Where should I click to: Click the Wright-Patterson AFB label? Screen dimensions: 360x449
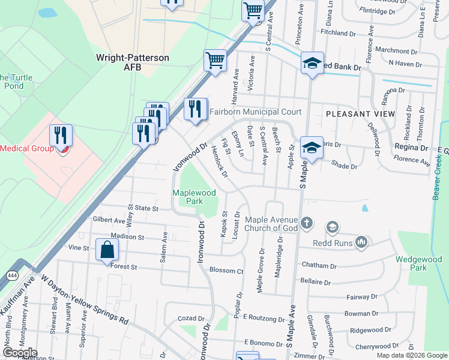133,62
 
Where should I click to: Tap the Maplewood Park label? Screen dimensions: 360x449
194,197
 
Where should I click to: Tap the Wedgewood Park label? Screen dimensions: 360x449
418,263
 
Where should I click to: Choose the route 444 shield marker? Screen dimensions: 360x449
11,275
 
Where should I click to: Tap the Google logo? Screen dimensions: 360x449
20,353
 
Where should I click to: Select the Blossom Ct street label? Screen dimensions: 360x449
226,271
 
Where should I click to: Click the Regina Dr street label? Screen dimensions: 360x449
411,147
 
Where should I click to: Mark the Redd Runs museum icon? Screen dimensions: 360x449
361,242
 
